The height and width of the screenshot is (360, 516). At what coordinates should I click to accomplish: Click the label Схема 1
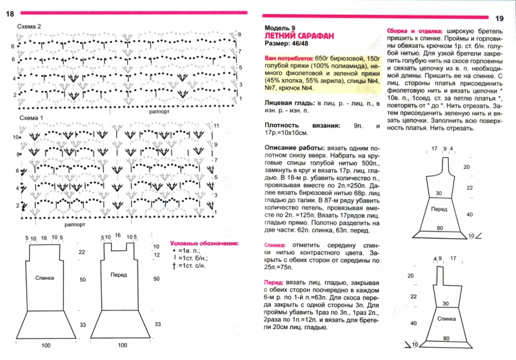coord(30,118)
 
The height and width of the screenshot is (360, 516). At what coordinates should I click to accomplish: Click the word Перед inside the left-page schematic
coord(119,275)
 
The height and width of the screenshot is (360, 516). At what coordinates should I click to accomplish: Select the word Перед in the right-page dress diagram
coord(439,210)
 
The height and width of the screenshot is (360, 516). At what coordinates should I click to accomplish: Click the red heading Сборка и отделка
coord(414,31)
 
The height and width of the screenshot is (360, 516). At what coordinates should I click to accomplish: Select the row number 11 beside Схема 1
coord(216,125)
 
